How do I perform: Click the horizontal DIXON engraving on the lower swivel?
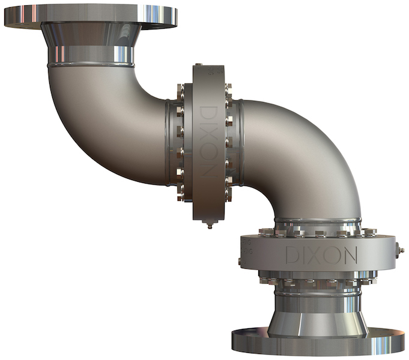pos(321,254)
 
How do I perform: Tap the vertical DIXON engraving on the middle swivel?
pos(207,142)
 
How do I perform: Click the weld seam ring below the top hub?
pos(91,62)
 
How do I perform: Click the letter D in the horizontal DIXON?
pos(292,255)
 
